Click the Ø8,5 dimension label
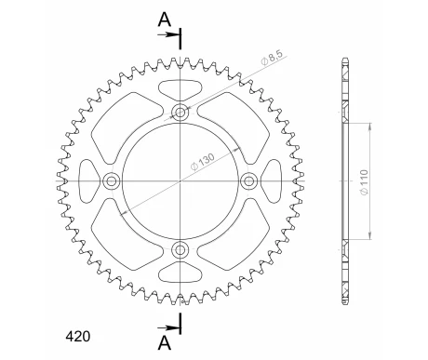click(272, 58)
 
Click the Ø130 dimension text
click(202, 162)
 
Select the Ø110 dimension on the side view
click(364, 182)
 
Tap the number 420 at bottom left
click(77, 337)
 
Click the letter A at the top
click(165, 20)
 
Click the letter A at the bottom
click(165, 343)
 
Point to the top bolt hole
click(181, 112)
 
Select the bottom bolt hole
click(181, 249)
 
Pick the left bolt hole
click(112, 180)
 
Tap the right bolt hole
click(248, 180)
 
